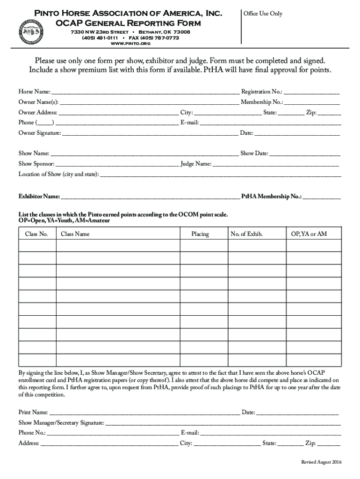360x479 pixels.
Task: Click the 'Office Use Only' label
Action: tap(263, 14)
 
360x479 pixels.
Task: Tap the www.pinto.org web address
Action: tap(124, 44)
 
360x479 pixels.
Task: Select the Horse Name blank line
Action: tap(145, 92)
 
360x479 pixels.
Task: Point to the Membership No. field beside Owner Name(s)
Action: tap(312, 102)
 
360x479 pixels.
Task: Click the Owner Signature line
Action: tap(150, 133)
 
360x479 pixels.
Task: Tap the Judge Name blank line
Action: tap(276, 164)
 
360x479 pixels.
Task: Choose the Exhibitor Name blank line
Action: tap(150, 196)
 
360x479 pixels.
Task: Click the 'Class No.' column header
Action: tap(36, 234)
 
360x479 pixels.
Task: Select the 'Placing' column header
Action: tap(200, 234)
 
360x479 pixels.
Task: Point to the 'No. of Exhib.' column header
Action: tap(246, 234)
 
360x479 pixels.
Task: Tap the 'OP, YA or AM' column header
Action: tap(309, 234)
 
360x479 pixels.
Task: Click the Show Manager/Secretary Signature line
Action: tap(223, 423)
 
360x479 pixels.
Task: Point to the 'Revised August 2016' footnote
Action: tap(321, 462)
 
